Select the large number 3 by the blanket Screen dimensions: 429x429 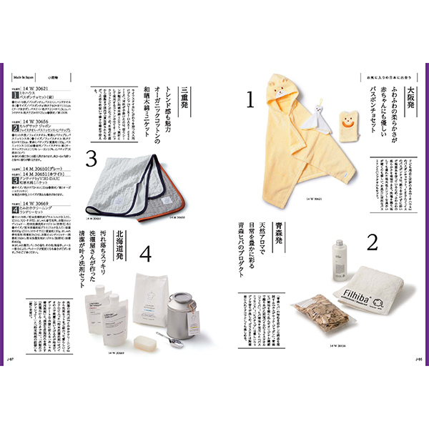[91, 157]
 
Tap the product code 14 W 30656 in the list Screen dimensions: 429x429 [36, 122]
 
